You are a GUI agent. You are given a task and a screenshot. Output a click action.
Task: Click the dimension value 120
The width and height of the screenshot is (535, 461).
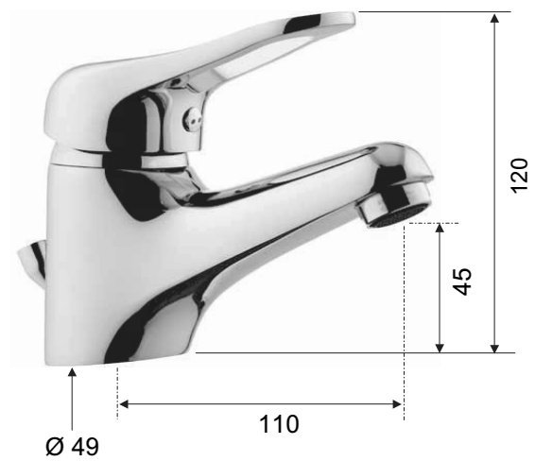[519, 176]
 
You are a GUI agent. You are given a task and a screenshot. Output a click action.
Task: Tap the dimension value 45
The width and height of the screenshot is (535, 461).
[462, 282]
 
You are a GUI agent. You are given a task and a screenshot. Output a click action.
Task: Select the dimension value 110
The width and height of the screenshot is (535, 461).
[279, 424]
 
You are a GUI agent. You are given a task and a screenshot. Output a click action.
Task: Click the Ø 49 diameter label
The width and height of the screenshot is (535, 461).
[72, 446]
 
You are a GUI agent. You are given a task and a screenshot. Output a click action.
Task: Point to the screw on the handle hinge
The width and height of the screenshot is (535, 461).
[191, 119]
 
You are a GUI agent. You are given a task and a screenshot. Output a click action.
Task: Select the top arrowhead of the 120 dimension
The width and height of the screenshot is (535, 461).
[494, 18]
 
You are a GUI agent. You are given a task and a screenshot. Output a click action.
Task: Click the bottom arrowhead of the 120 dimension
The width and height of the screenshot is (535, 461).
[494, 348]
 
